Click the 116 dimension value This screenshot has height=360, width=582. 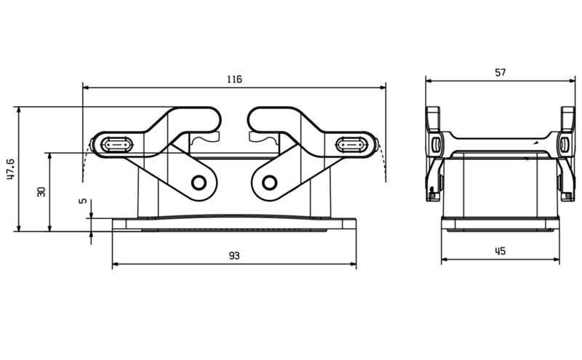pyautogui.click(x=234, y=79)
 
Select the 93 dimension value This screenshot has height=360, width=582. pyautogui.click(x=234, y=256)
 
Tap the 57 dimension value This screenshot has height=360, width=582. pyautogui.click(x=500, y=72)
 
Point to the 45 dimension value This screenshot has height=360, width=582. pyautogui.click(x=500, y=251)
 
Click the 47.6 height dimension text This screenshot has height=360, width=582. pyautogui.click(x=10, y=168)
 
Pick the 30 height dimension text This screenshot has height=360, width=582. pyautogui.click(x=41, y=191)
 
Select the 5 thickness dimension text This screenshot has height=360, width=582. pyautogui.click(x=82, y=201)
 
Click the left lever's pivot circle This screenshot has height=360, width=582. pyautogui.click(x=198, y=182)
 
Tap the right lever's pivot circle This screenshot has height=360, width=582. pyautogui.click(x=269, y=182)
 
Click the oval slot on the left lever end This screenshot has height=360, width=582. pyautogui.click(x=115, y=145)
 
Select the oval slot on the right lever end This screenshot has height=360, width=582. pyautogui.click(x=352, y=145)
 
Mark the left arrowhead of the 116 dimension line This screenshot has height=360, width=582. pyautogui.click(x=86, y=87)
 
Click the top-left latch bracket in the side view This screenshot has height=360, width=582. pyautogui.click(x=433, y=116)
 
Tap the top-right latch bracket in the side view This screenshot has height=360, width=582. pyautogui.click(x=567, y=116)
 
